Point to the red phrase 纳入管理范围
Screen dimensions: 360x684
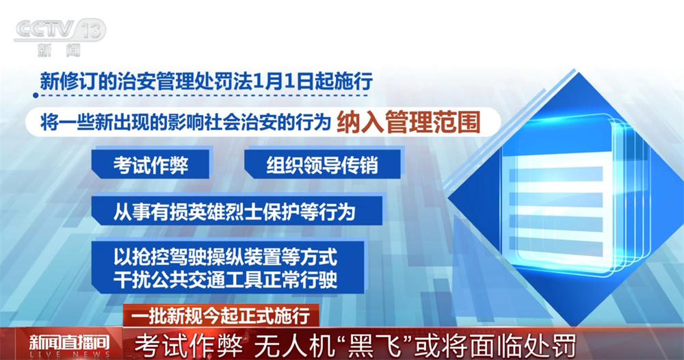(x=408, y=123)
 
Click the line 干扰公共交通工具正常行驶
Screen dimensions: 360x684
(x=226, y=279)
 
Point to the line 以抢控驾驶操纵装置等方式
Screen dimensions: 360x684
(x=226, y=258)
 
